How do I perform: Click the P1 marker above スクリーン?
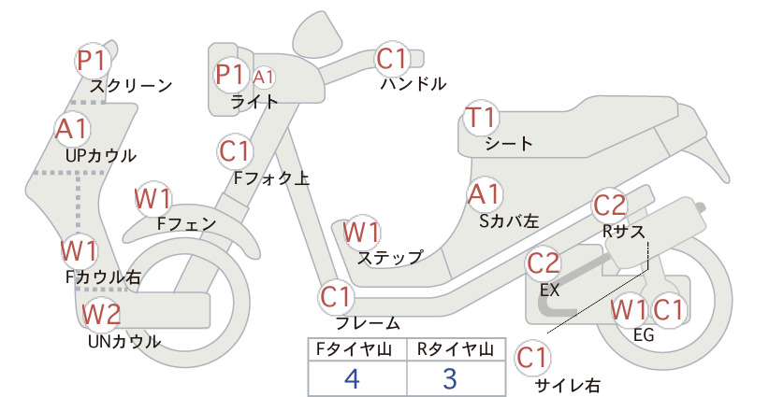point(93,61)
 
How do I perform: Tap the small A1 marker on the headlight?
point(264,78)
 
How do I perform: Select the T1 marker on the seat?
point(481,118)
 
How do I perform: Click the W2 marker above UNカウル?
point(101,314)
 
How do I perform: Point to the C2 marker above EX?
point(543,263)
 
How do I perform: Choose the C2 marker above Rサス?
point(610,206)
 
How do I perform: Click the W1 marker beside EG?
point(629,310)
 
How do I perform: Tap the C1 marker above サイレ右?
point(532,358)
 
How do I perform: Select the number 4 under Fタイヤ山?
point(353,378)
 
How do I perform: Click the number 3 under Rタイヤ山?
point(450,378)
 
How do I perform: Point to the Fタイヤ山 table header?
point(354,349)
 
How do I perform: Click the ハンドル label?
point(414,84)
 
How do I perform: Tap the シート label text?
point(509,144)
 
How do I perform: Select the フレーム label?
point(368,323)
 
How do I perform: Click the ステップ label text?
point(390,258)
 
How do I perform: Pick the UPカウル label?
point(101,156)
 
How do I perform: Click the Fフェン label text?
point(187,223)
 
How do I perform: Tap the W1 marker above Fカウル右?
point(79,251)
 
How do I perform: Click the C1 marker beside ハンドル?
point(392,59)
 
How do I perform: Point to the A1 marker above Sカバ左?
point(485,194)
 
